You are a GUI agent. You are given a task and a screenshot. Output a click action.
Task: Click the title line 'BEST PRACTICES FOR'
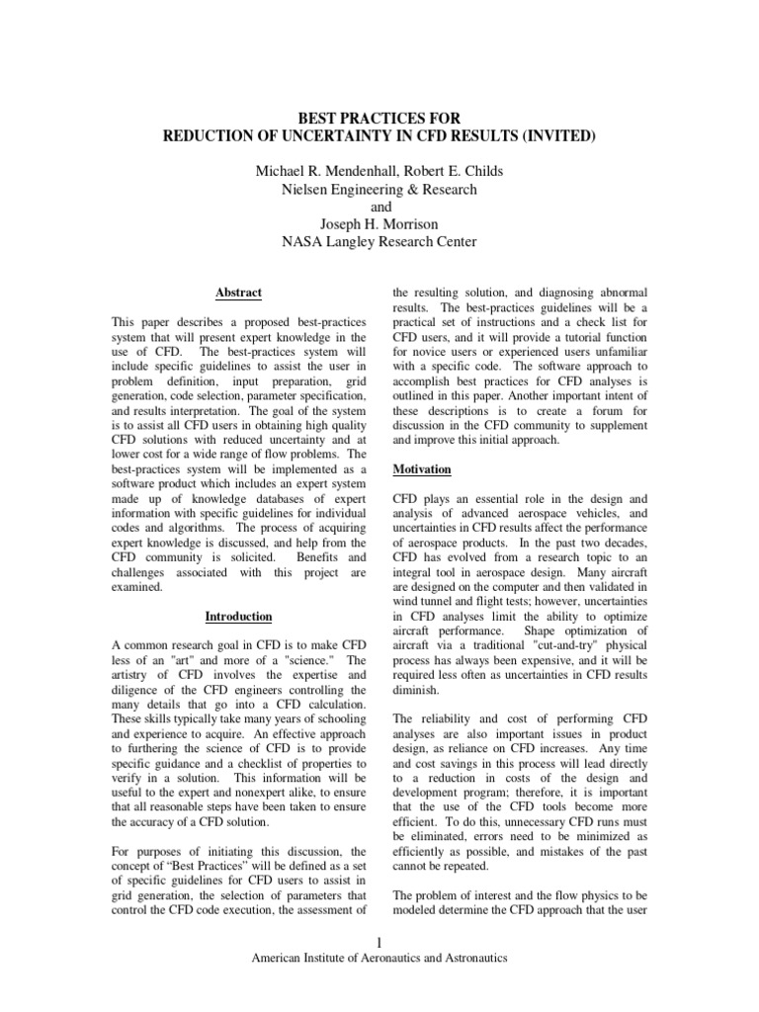click(379, 119)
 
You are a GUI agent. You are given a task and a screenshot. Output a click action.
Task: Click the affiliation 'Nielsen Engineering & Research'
click(379, 189)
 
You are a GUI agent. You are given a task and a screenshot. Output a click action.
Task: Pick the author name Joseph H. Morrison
click(379, 224)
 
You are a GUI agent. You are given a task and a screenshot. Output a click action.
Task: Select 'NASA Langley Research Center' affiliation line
click(379, 242)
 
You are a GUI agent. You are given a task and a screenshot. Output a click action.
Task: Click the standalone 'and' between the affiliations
click(379, 207)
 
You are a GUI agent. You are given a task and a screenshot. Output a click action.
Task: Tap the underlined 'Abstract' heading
click(238, 293)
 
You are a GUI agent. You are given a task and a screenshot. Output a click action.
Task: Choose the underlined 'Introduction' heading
click(238, 617)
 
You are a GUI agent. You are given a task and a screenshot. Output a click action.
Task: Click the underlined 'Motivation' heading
click(422, 468)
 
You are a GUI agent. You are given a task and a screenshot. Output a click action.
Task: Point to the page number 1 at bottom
click(379, 941)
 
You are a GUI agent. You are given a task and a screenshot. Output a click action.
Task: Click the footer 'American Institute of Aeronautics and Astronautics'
click(379, 959)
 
